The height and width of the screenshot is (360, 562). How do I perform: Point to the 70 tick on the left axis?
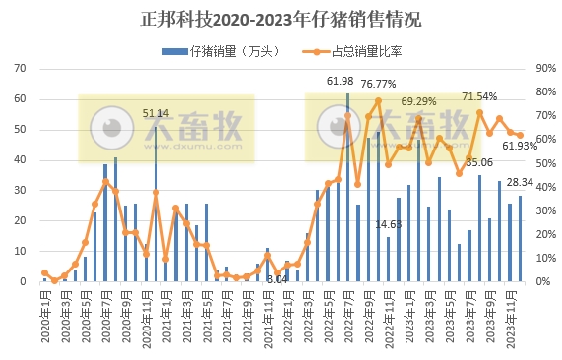pos(19,69)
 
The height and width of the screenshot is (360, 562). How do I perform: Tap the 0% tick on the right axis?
pos(542,281)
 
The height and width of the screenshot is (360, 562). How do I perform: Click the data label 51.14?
pos(156,114)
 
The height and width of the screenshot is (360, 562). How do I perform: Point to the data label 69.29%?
pos(418,101)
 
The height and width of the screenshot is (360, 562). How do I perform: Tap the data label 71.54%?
pos(479,96)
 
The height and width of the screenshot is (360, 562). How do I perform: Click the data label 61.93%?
pos(520,146)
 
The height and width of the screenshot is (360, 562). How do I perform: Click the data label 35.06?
pos(479,162)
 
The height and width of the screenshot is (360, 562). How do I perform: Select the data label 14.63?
pos(389,224)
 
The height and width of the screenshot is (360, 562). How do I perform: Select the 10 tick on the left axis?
pos(19,251)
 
